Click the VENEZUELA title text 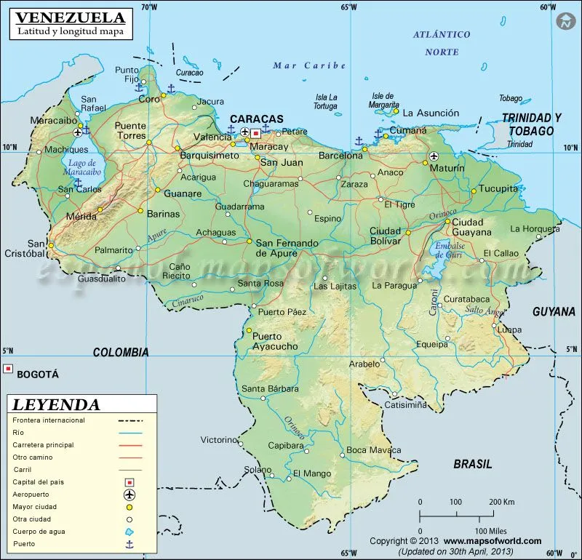[70, 17]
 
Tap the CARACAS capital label [256, 119]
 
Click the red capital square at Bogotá [8, 369]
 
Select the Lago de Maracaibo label [83, 168]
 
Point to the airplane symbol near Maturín [435, 156]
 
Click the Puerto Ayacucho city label [274, 341]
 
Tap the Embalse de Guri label [450, 251]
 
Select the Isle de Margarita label [382, 100]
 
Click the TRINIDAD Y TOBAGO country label [532, 124]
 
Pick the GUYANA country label [554, 311]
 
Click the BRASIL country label [472, 463]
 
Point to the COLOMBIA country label [121, 352]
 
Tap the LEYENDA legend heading [57, 404]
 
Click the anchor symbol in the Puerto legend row [130, 544]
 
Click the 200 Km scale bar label [502, 502]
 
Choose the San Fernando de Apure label [287, 248]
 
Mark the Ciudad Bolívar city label [385, 236]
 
